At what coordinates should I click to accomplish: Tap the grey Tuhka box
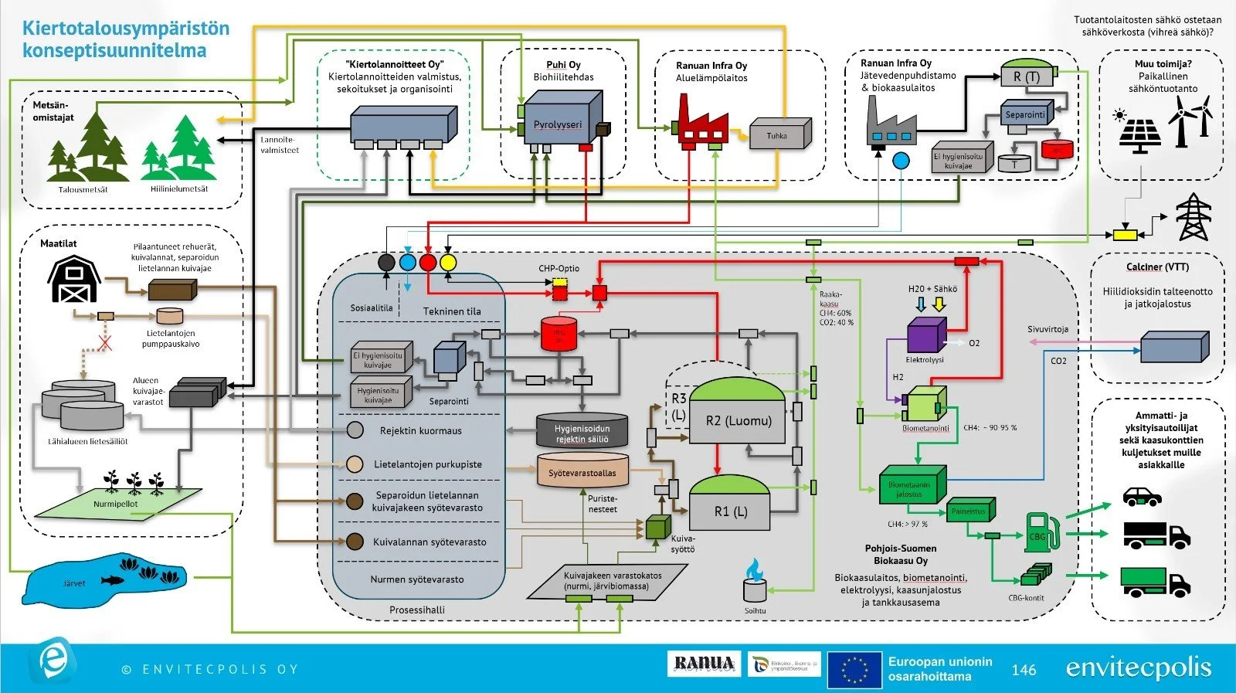[779, 134]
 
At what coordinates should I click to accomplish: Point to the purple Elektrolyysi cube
[925, 336]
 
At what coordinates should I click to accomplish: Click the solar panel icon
[1140, 133]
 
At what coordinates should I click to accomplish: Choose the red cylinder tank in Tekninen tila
[559, 334]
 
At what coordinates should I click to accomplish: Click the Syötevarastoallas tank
[582, 470]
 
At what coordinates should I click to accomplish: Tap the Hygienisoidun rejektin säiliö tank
[582, 430]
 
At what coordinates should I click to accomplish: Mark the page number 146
[1024, 670]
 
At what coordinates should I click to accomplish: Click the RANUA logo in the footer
[704, 664]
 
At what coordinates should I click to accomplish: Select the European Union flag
[854, 669]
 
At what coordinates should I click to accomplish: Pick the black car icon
[1143, 496]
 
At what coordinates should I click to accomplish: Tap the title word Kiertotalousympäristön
[126, 29]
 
